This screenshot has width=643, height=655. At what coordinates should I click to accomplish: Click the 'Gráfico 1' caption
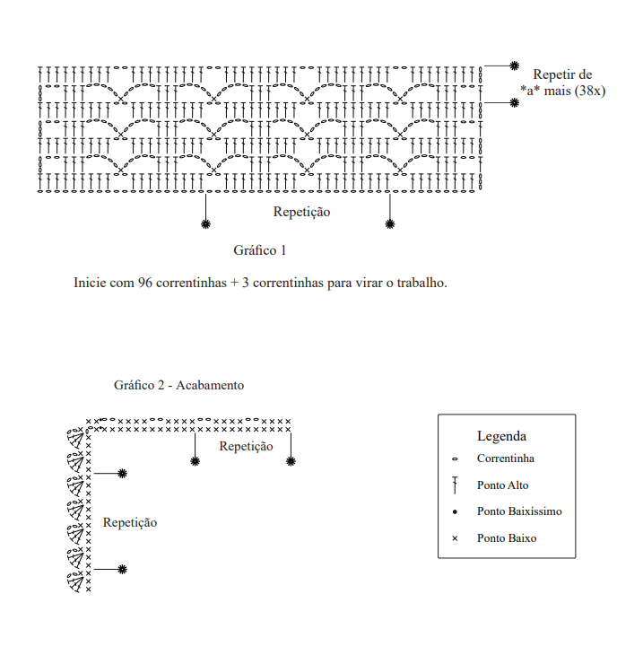click(x=259, y=249)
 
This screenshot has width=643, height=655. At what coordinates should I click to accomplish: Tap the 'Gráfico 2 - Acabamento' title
click(x=178, y=385)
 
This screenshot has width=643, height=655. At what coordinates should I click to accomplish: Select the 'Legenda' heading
click(x=501, y=436)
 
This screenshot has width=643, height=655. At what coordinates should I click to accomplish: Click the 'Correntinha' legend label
click(x=506, y=458)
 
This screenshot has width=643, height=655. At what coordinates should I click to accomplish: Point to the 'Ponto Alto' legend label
click(x=502, y=485)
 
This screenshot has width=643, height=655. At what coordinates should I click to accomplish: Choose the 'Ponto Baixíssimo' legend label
click(x=519, y=511)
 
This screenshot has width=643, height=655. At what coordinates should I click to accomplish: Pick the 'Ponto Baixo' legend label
click(x=507, y=538)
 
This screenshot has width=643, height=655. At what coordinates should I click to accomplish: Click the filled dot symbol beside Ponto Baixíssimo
click(x=455, y=511)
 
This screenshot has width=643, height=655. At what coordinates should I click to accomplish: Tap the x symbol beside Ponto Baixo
click(x=455, y=538)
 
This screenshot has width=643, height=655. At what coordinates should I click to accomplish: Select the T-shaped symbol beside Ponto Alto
click(x=455, y=485)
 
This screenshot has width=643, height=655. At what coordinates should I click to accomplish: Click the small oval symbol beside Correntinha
click(x=455, y=458)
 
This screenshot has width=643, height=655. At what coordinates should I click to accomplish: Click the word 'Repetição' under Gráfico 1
click(x=301, y=213)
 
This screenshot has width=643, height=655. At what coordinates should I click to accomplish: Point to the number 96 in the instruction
click(x=145, y=283)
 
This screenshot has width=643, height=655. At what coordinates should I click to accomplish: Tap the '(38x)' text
click(x=588, y=90)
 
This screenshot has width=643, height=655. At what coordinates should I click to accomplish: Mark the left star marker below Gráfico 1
click(x=205, y=223)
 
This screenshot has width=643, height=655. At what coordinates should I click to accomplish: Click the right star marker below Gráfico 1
click(x=389, y=223)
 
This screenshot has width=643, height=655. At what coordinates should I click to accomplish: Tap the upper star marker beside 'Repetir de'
click(x=514, y=65)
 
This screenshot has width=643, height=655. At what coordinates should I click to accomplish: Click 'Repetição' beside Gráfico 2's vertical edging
click(x=130, y=522)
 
